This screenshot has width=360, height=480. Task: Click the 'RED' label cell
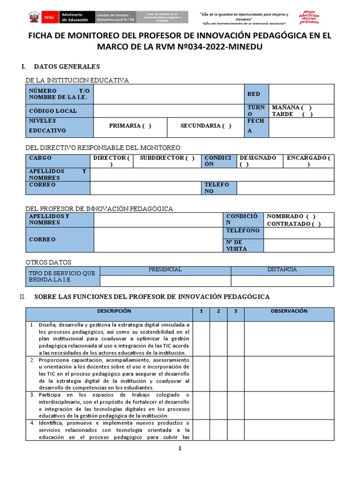(256, 94)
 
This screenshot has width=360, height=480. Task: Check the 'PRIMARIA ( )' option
(130, 126)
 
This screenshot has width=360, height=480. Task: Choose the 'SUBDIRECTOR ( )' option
(167, 158)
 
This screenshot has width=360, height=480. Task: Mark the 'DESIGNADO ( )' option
(258, 161)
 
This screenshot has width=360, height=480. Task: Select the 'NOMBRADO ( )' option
(291, 216)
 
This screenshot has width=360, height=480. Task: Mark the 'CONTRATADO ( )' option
(294, 224)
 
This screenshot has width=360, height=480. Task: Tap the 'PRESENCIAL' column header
(165, 270)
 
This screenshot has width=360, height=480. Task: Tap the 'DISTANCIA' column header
(282, 270)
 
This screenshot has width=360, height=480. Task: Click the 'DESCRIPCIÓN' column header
(114, 311)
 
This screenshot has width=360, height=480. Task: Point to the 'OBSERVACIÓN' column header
(289, 311)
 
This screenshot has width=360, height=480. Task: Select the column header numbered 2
(218, 311)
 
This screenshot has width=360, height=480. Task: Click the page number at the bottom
(180, 448)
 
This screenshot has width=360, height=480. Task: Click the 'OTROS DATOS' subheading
(48, 262)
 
